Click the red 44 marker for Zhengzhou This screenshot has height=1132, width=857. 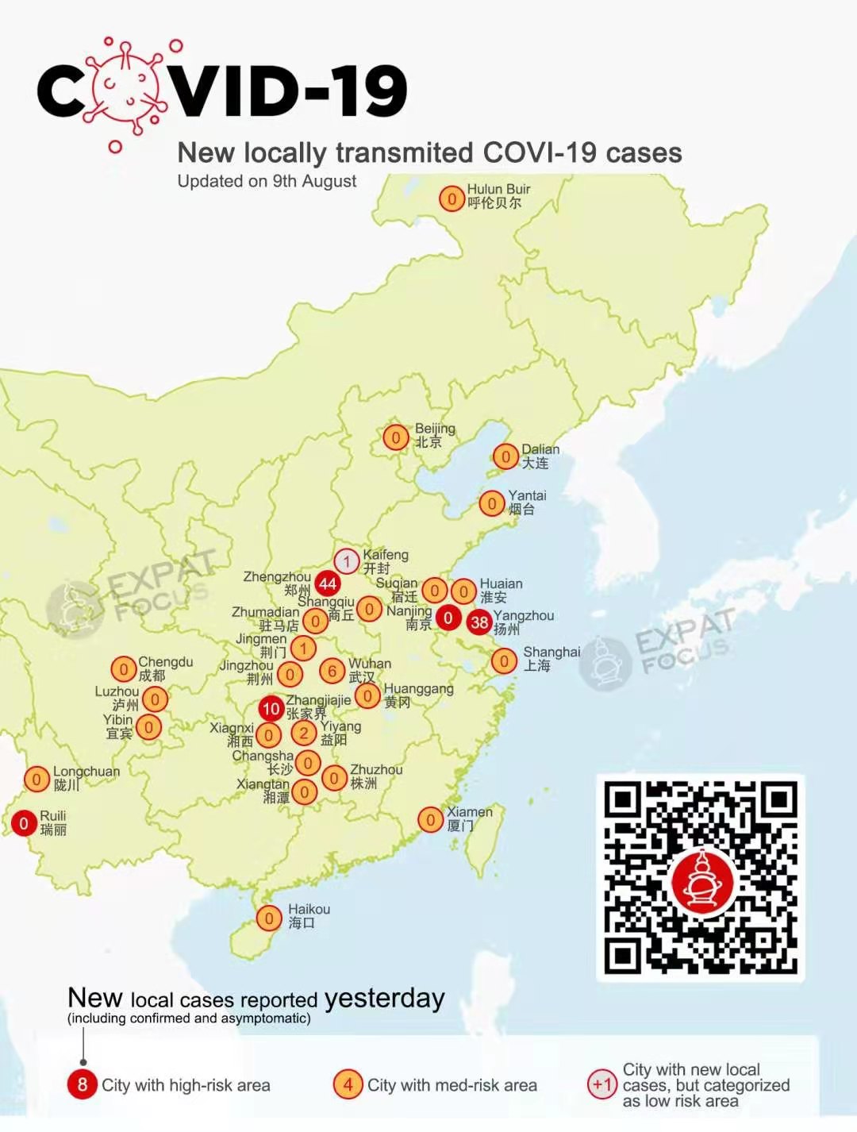click(328, 584)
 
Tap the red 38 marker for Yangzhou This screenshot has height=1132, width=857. click(479, 622)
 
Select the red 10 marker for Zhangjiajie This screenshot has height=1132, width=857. click(271, 708)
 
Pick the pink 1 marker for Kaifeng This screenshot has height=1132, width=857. click(347, 562)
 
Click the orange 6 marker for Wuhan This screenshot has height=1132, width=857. click(332, 671)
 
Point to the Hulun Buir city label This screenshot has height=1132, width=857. click(498, 195)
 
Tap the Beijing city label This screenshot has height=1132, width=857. click(434, 435)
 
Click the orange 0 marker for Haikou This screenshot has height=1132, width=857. click(269, 918)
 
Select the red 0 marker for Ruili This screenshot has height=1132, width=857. click(24, 823)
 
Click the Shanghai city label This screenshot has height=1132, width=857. click(551, 658)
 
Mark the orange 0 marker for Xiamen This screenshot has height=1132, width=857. click(430, 819)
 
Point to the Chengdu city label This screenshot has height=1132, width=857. click(164, 668)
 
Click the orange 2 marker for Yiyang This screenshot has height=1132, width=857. click(303, 733)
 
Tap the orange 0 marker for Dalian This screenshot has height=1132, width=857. click(505, 456)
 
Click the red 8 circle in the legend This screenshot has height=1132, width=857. click(83, 1084)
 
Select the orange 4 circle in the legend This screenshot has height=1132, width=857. click(348, 1084)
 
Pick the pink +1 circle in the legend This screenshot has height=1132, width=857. click(602, 1084)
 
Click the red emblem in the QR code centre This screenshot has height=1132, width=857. click(702, 880)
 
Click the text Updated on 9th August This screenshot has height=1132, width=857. click(267, 181)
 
